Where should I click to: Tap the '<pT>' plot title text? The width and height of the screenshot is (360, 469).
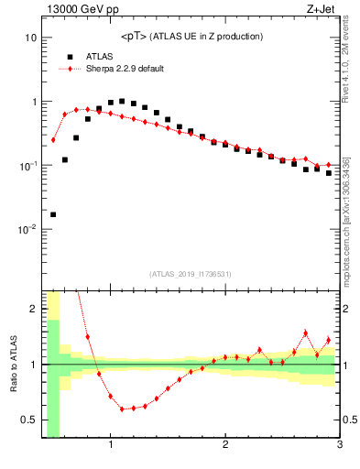coord(136,37)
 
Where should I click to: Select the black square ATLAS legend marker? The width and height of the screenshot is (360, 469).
coord(70,56)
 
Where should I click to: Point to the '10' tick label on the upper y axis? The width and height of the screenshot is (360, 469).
coord(30,38)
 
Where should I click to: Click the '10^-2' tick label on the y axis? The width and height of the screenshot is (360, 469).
coord(27,230)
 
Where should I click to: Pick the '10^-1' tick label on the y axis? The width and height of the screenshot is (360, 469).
coord(27,166)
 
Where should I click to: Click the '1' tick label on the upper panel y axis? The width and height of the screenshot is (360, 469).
coord(33,102)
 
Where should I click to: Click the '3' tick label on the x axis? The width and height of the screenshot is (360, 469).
coord(339,446)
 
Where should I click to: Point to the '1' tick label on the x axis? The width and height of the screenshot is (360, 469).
coord(111,446)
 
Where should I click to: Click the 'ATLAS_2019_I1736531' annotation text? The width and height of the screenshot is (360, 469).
coord(191,274)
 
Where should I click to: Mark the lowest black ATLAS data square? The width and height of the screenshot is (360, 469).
coord(53,214)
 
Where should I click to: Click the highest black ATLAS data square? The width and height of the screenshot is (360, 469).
coord(122,101)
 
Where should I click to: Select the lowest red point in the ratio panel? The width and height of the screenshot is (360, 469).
coord(122,409)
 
